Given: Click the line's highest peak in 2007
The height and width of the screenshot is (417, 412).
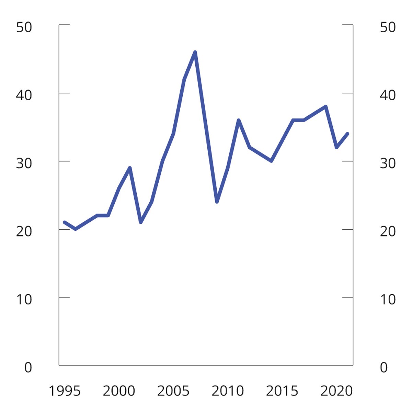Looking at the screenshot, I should coord(195,52).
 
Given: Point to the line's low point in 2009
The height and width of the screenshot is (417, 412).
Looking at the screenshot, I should coord(217,202).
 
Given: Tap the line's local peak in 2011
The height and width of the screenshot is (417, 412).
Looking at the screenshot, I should coord(239,120).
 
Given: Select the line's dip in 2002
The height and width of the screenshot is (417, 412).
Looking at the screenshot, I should coord(141,222).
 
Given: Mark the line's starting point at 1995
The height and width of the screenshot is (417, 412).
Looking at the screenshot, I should coord(65,222).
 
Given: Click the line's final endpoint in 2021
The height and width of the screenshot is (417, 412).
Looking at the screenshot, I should coord(347,134).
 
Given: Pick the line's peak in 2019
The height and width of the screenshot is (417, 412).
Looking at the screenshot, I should coord(325,106).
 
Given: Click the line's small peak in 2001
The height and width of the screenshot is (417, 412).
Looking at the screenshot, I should coord(130,167).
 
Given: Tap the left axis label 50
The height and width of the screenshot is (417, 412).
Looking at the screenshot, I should coord(24,27).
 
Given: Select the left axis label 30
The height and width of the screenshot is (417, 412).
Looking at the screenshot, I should coord(24,163).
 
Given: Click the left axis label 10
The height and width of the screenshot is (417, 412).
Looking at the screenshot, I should coord(24,300).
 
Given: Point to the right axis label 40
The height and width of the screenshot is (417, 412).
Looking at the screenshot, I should coord(388,95).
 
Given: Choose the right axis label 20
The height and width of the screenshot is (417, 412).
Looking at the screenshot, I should coord(388,232).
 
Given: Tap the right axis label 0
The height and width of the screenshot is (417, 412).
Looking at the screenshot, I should coord(384,368).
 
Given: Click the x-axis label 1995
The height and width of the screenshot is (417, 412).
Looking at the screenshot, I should coord(65,391).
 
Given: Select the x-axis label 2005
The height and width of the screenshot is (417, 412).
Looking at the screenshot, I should coord(173,391).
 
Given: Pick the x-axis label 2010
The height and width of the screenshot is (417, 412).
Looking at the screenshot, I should coord(228,391).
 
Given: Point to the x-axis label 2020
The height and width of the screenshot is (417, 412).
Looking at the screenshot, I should coord(336,391).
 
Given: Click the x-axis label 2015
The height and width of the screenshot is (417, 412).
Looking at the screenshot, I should coord(282,391).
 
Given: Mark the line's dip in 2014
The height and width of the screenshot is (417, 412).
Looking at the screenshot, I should coord(271,161).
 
